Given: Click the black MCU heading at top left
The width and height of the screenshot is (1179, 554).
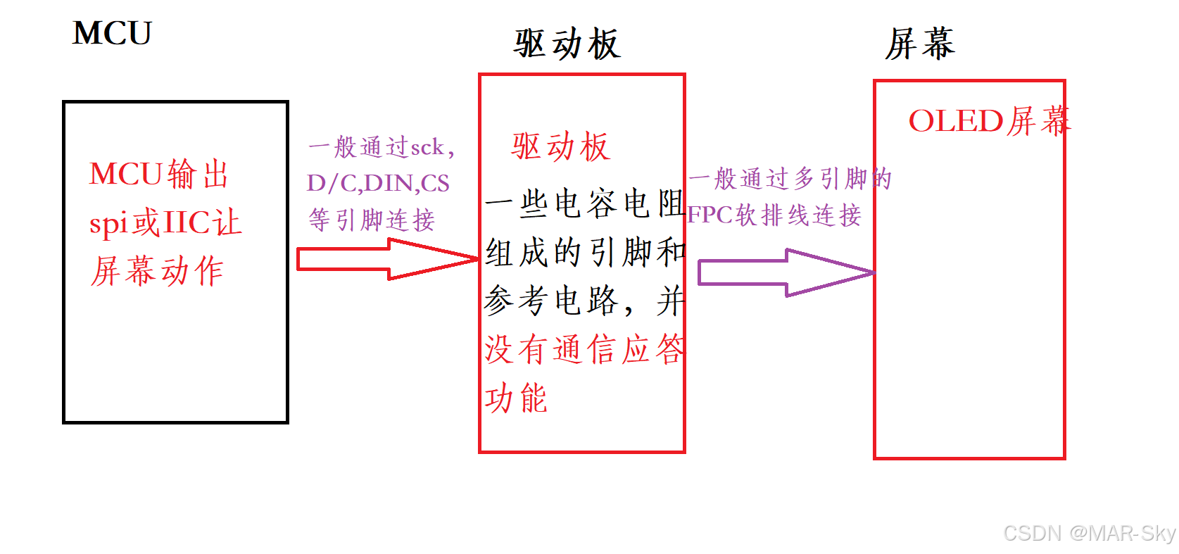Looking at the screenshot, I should [112, 34].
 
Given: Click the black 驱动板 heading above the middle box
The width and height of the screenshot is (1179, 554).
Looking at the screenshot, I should [567, 44].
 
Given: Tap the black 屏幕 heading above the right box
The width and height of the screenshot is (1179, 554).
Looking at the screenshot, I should [920, 44].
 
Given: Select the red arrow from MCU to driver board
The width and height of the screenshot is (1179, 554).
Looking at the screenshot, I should [387, 259].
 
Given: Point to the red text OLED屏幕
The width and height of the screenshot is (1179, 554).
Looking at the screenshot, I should [989, 121].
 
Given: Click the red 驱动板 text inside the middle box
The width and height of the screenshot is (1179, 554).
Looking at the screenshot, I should [560, 147].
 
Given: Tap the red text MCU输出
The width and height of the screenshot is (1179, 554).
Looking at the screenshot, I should [159, 174].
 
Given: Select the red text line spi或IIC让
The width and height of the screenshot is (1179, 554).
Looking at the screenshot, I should [165, 223].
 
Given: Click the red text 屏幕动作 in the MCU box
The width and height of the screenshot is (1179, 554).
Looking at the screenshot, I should [157, 271].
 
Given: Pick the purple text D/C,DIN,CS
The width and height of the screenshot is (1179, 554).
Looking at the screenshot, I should [378, 183].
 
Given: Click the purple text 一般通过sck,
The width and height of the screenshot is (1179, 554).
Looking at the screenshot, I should [382, 148].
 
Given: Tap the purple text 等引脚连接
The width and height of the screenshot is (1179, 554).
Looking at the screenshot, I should [372, 220].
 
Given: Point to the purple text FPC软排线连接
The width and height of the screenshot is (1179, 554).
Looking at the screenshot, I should [774, 215].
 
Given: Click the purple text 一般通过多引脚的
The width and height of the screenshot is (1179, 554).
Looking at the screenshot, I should [790, 179].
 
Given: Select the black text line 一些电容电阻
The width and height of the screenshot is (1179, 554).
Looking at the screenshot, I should [584, 204].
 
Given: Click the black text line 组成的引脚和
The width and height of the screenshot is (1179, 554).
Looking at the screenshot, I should [585, 252].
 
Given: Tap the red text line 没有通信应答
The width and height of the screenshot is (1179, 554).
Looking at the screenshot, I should [584, 349].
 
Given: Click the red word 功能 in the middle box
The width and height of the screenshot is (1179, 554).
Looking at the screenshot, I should [516, 398].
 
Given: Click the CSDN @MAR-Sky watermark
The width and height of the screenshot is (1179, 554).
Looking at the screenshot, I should [1089, 533].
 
